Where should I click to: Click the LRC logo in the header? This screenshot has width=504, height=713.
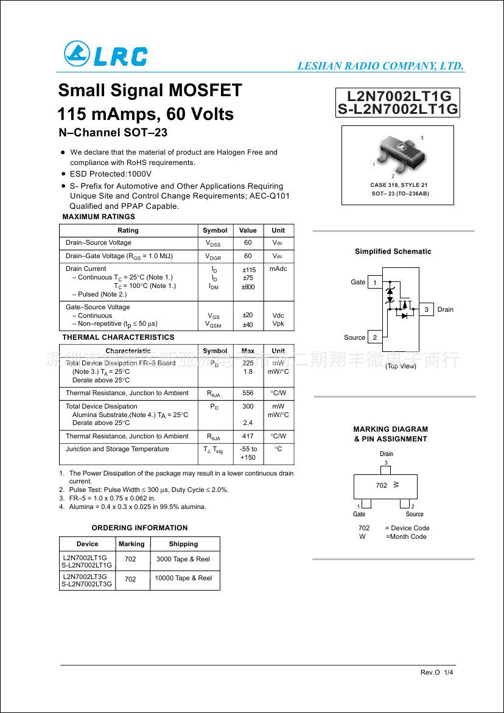[105, 55]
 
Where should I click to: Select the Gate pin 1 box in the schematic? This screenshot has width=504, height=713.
[376, 283]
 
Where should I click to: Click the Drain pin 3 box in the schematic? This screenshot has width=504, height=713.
[426, 310]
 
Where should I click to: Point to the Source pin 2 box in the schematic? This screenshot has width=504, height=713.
[376, 337]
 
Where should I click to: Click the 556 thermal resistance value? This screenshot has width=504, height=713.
[248, 393]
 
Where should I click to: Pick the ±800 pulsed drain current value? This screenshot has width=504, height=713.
[248, 287]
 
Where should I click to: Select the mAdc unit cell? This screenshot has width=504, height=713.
[278, 269]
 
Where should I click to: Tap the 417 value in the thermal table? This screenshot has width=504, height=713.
[248, 437]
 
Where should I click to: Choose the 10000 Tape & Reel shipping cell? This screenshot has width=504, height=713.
[183, 578]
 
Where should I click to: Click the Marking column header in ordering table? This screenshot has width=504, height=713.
[131, 544]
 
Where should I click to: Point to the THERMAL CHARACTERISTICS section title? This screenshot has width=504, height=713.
[118, 337]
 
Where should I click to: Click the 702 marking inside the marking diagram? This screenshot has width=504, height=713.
[382, 485]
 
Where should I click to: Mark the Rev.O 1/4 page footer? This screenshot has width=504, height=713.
[436, 672]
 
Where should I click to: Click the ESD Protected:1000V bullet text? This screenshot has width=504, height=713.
[111, 174]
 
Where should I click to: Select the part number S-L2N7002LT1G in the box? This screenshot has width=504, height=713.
[397, 109]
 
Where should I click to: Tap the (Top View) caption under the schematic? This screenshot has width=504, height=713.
[401, 366]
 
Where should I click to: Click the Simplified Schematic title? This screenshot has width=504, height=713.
[393, 251]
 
